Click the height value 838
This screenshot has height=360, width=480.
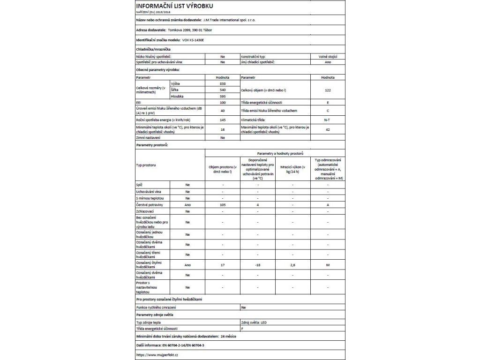(222, 83)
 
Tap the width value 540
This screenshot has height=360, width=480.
(222, 89)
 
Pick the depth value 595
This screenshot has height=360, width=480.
(222, 96)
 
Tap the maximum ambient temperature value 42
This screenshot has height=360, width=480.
(328, 129)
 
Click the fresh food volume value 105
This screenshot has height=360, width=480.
(222, 205)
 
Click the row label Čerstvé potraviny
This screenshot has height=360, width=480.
(149, 205)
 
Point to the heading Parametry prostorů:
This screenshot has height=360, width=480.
(152, 146)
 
